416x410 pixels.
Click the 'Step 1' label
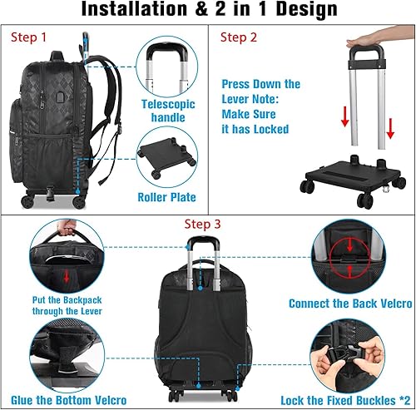click(x=28, y=38)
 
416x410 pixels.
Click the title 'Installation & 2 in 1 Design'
click(x=208, y=12)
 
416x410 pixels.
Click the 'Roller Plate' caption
click(x=166, y=197)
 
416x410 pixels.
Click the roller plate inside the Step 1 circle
click(x=166, y=158)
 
